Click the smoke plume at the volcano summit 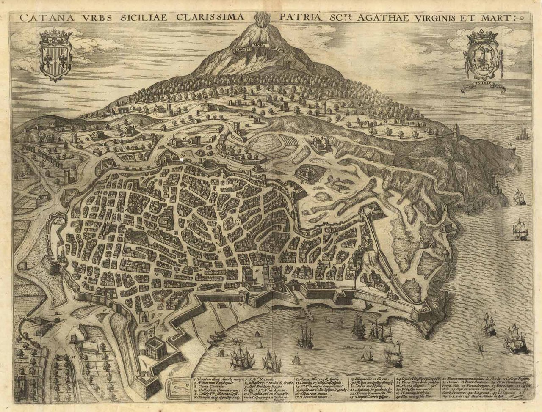[x=259, y=19]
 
